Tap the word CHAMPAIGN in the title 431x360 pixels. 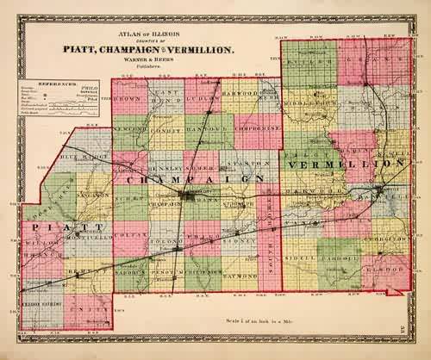click(x=161, y=51)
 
